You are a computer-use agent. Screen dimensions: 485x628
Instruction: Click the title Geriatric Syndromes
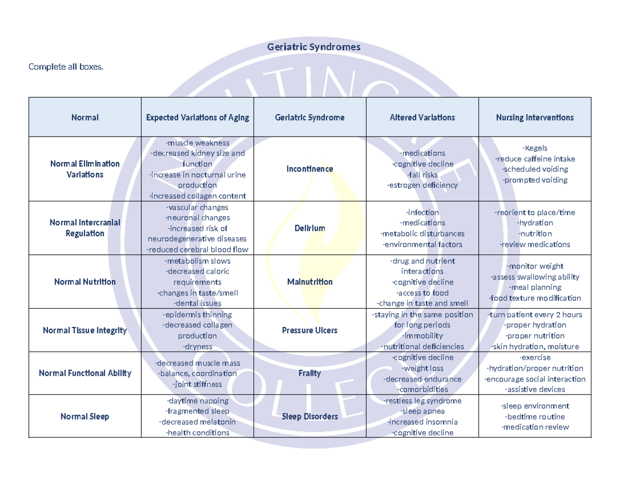313,47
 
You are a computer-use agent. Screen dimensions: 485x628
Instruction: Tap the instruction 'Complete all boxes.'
63,66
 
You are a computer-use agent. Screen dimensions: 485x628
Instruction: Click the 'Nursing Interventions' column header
535,117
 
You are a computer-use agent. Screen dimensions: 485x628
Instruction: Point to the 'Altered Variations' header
422,117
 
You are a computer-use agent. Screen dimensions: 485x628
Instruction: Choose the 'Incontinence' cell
310,169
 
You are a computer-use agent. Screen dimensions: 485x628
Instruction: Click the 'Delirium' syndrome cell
310,228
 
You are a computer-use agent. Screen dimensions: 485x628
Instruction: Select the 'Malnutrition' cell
310,281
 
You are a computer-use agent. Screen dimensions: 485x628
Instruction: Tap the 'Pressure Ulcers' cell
310,330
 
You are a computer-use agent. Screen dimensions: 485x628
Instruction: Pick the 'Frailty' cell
310,373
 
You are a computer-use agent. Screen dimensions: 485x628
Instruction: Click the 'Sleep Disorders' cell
310,416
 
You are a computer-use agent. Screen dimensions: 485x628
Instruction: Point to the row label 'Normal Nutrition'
85,281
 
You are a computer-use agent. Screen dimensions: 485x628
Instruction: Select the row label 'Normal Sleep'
85,416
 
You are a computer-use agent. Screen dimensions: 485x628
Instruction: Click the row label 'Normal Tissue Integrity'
85,330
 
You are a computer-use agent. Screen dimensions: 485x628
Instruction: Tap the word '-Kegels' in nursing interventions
535,148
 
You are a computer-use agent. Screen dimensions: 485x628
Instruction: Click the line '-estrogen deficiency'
422,185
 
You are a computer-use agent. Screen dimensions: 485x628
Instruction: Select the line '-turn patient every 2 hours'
535,314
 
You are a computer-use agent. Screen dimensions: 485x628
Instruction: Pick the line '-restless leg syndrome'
422,401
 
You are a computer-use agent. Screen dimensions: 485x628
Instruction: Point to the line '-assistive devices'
535,389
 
